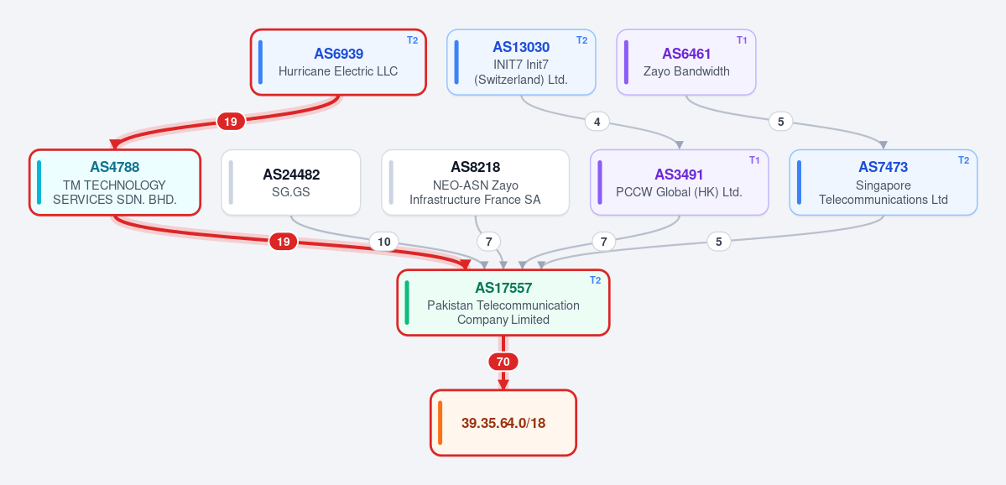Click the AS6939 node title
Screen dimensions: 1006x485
[x=338, y=54]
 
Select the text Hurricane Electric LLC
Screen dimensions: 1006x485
[x=338, y=71]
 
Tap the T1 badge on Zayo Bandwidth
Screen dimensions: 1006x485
[x=742, y=40]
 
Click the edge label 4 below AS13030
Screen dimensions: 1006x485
[x=597, y=121]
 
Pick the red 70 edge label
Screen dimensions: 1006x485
[x=503, y=362]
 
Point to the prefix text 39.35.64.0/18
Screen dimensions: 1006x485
[x=503, y=424]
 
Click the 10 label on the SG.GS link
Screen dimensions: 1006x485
[x=383, y=242]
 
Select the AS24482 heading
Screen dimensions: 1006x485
[x=291, y=175]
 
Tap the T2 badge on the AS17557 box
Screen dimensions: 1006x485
[x=596, y=280]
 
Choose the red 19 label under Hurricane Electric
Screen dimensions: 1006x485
[x=231, y=121]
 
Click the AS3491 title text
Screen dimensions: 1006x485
[x=679, y=175]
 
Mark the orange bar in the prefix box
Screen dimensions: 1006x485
[x=440, y=423]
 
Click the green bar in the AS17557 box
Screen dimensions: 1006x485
[x=407, y=302]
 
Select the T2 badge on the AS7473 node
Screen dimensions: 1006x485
[x=964, y=160]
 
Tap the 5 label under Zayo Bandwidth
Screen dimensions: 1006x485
[x=781, y=121]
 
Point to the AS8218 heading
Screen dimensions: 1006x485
[x=476, y=168]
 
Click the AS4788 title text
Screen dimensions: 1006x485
[x=115, y=168]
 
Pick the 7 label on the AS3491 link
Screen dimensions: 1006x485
[x=603, y=242]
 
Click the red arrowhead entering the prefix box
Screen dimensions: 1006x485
[x=503, y=384]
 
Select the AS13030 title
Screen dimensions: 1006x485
[x=521, y=47]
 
